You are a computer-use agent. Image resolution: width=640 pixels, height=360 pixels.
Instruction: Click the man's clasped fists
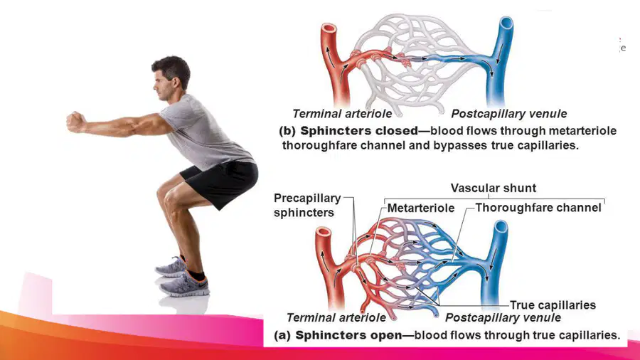tap(76, 122)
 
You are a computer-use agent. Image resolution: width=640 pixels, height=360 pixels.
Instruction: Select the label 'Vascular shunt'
tap(493, 188)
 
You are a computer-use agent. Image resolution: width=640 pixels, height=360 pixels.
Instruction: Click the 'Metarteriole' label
tap(421, 208)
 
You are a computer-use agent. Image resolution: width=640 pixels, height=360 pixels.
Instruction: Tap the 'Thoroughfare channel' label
tap(538, 208)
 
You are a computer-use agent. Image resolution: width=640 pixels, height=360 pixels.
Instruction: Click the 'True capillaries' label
tap(553, 305)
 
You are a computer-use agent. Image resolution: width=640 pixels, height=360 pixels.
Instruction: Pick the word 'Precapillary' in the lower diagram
tap(307, 198)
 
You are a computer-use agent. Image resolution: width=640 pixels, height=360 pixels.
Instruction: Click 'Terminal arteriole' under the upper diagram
tap(342, 113)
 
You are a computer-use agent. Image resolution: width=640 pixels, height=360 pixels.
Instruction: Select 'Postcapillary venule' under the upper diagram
tap(509, 113)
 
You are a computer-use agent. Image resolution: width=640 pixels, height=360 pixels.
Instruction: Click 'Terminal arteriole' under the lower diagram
tap(336, 317)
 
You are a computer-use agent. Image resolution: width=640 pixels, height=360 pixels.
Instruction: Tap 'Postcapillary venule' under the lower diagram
tap(503, 317)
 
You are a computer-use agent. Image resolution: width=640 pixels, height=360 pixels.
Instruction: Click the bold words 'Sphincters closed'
tap(359, 131)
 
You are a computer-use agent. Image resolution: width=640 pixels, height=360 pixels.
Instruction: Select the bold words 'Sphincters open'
tap(348, 335)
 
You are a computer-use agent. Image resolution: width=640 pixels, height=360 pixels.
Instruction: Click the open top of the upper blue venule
tap(506, 22)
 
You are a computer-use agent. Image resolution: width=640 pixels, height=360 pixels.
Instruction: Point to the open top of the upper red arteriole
tap(329, 29)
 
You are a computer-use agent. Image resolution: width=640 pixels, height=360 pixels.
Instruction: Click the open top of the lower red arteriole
tap(324, 232)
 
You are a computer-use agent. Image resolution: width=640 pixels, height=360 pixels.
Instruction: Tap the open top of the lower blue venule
tap(501, 226)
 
